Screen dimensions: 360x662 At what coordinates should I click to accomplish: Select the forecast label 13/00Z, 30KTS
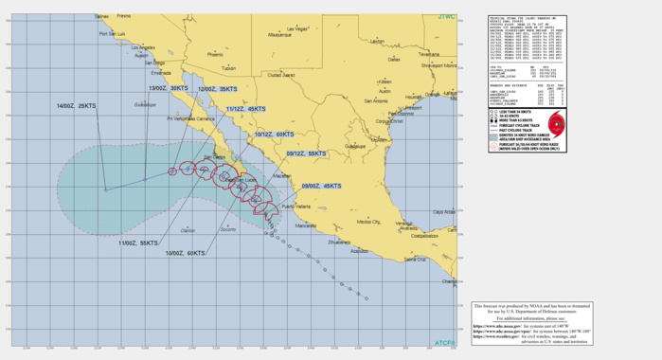point(167,88)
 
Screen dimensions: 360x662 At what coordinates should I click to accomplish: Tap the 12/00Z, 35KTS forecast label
point(217,88)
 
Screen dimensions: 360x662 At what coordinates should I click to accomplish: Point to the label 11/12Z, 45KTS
point(245,109)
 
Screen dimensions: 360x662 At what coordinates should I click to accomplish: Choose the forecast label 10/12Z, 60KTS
point(274,135)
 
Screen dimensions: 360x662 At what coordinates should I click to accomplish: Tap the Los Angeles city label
point(144,47)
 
